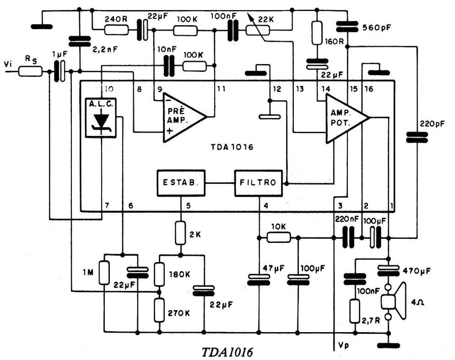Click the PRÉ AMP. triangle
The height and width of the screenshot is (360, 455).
181,116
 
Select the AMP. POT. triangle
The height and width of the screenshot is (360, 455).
343,118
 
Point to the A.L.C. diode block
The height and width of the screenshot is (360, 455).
101,118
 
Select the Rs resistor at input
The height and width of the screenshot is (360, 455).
31,71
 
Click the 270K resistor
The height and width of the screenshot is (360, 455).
159,310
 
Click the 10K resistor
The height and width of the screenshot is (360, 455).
278,237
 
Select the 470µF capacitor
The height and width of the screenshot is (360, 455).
388,271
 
